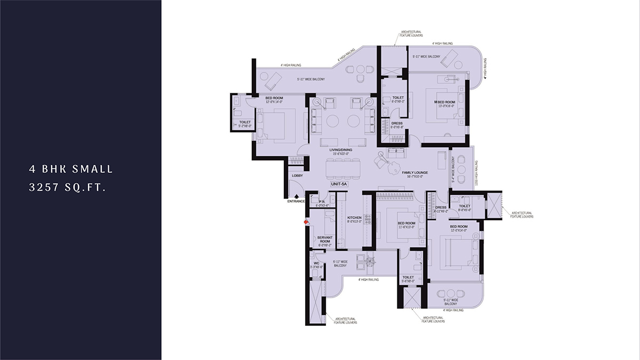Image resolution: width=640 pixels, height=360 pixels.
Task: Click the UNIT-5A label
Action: point(339,184)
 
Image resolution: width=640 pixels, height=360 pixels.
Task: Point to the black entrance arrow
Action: point(297,196)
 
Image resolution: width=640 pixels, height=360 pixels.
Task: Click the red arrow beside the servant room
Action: point(306,221)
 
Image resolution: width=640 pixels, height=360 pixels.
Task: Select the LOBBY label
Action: point(297,175)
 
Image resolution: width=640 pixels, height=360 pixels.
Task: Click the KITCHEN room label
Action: point(355,218)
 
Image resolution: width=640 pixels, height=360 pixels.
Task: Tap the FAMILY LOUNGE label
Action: point(415,172)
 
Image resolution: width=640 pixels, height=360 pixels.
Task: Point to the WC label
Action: point(316,263)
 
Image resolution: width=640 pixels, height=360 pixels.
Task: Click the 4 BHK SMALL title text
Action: point(71,169)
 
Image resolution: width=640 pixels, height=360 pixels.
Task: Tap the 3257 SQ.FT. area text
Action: point(71,187)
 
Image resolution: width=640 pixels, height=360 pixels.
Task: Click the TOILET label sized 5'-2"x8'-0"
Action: point(245,122)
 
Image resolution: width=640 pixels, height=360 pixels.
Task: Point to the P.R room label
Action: point(322,202)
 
